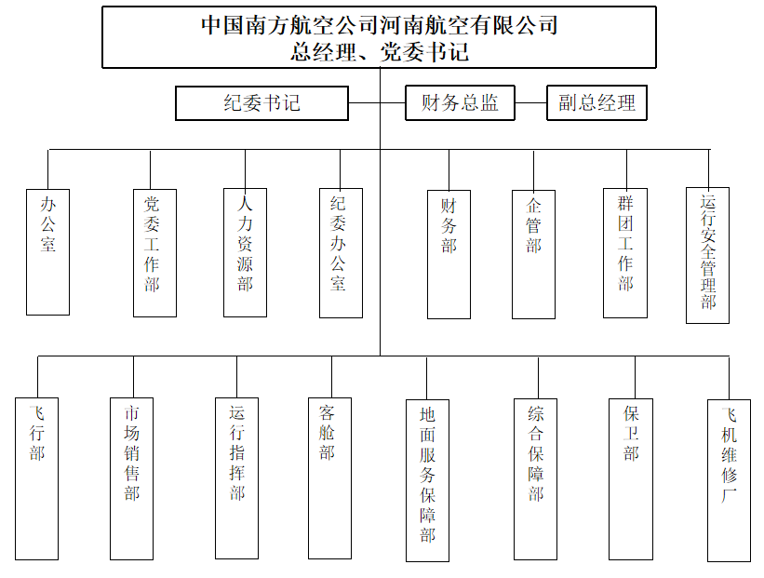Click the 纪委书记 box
click(261, 103)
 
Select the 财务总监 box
click(460, 102)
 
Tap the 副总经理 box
click(596, 102)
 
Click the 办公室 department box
click(47, 252)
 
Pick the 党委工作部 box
click(155, 253)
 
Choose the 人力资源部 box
click(245, 252)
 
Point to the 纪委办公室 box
click(342, 253)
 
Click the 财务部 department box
click(449, 254)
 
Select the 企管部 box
click(533, 254)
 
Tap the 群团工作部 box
click(625, 253)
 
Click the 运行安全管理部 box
click(707, 255)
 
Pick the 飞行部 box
click(36, 478)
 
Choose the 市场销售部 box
click(131, 478)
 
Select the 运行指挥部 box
click(236, 478)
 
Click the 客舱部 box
click(329, 478)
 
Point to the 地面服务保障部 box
click(427, 480)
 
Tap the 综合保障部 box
click(535, 479)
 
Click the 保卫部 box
click(631, 479)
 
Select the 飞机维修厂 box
click(729, 480)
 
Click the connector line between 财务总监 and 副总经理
click(530, 102)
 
